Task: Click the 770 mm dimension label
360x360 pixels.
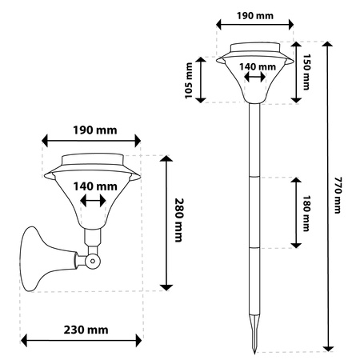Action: [338, 195]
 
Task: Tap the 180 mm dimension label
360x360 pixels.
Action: [306, 214]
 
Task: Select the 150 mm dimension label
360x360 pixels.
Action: [306, 72]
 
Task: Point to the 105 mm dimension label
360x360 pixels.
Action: [189, 81]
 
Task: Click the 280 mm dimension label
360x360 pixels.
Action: [179, 220]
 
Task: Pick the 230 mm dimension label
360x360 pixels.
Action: [86, 330]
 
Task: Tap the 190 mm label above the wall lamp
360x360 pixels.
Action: [95, 130]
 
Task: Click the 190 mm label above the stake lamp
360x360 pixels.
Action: [255, 16]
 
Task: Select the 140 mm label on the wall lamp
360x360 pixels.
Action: [95, 186]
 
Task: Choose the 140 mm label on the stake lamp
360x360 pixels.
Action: [258, 66]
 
